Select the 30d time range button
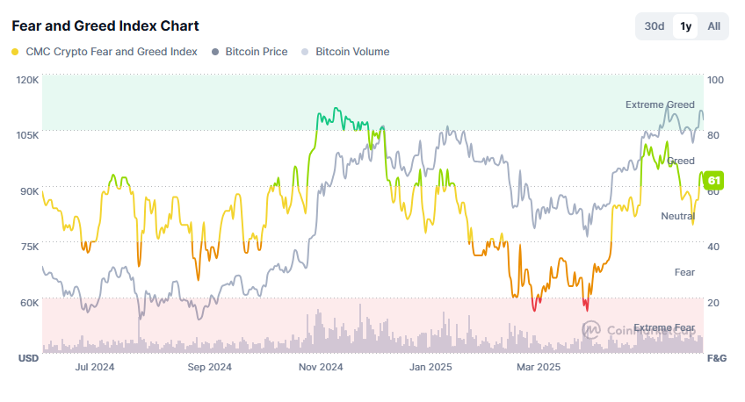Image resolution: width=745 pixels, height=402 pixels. pos(655,26)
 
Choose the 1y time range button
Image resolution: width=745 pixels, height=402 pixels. pos(685,26)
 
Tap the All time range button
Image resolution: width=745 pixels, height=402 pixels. pos(714,26)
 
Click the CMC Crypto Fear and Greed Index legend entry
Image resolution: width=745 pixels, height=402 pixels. pos(105,52)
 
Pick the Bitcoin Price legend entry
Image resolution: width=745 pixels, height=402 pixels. pos(250,52)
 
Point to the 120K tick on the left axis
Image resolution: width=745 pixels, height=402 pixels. pos(28,80)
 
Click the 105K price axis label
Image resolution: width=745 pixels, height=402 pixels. pos(28,135)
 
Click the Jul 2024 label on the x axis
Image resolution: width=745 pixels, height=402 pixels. pos(96,367)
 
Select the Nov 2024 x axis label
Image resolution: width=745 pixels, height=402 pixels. pos(320,367)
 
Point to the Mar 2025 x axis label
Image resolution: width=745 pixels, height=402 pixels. pos(538,367)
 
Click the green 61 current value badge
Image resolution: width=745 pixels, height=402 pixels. pos(713,181)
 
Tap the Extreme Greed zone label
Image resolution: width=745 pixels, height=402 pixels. pos(660,105)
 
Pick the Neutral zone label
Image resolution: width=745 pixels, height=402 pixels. pos(677,216)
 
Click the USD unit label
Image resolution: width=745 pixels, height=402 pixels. pos(28,358)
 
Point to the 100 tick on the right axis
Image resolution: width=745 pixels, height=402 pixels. pos(715,80)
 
